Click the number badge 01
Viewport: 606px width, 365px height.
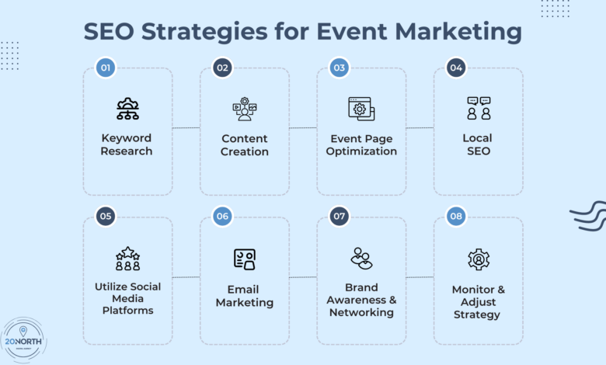(x=106, y=68)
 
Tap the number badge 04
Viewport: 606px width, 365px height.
(x=456, y=68)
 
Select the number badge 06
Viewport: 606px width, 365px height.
(x=222, y=217)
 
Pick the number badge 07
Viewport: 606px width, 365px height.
(x=340, y=217)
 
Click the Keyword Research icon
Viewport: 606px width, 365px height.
(x=127, y=109)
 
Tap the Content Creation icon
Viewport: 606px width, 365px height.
(x=244, y=109)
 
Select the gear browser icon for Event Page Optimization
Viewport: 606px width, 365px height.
(x=361, y=109)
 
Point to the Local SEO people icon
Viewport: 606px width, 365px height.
(x=478, y=109)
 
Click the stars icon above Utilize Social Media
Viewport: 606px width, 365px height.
(x=127, y=258)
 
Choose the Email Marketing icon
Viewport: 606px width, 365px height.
(x=244, y=259)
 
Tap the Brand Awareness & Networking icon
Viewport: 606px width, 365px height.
(x=361, y=258)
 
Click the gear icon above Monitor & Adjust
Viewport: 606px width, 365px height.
(x=478, y=259)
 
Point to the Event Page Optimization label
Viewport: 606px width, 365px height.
(x=361, y=144)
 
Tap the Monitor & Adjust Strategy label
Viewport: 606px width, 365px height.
(x=478, y=302)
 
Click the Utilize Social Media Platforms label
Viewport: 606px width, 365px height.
(x=127, y=298)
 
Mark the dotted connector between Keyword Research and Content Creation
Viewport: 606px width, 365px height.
(x=186, y=128)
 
